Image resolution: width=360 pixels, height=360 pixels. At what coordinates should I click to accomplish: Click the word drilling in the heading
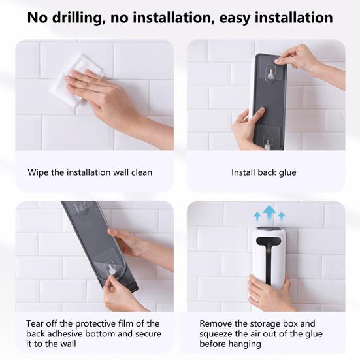tap(77, 18)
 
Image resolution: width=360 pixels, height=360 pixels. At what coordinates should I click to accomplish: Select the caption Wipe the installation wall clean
tap(90, 172)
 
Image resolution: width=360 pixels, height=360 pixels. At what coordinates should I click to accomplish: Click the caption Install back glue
tap(263, 172)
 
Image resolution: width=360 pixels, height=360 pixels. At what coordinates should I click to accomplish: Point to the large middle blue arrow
tap(269, 214)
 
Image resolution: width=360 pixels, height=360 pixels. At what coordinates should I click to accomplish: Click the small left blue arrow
tap(257, 216)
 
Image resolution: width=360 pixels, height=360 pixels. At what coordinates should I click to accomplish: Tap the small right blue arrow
tap(281, 216)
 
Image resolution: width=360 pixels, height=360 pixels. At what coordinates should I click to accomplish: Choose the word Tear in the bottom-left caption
tap(33, 323)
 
